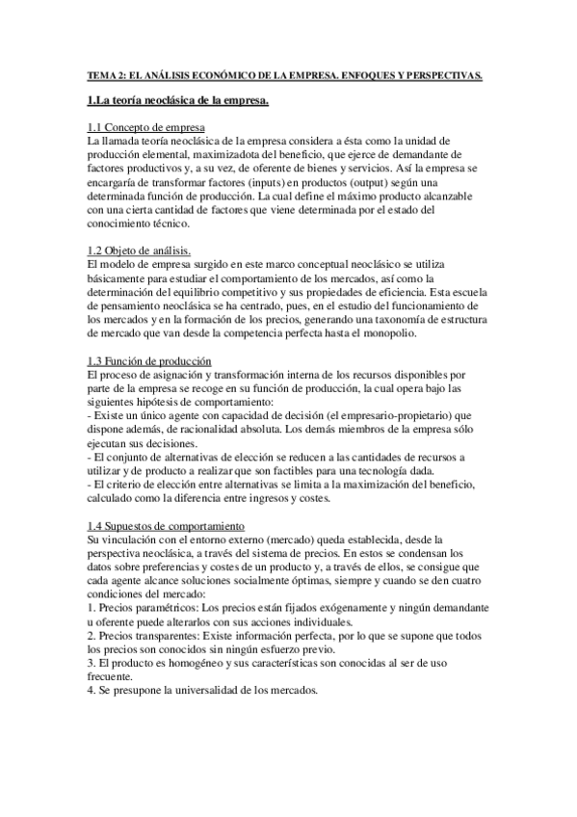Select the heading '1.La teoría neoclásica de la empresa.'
[177, 100]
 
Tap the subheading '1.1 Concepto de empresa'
[144, 128]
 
